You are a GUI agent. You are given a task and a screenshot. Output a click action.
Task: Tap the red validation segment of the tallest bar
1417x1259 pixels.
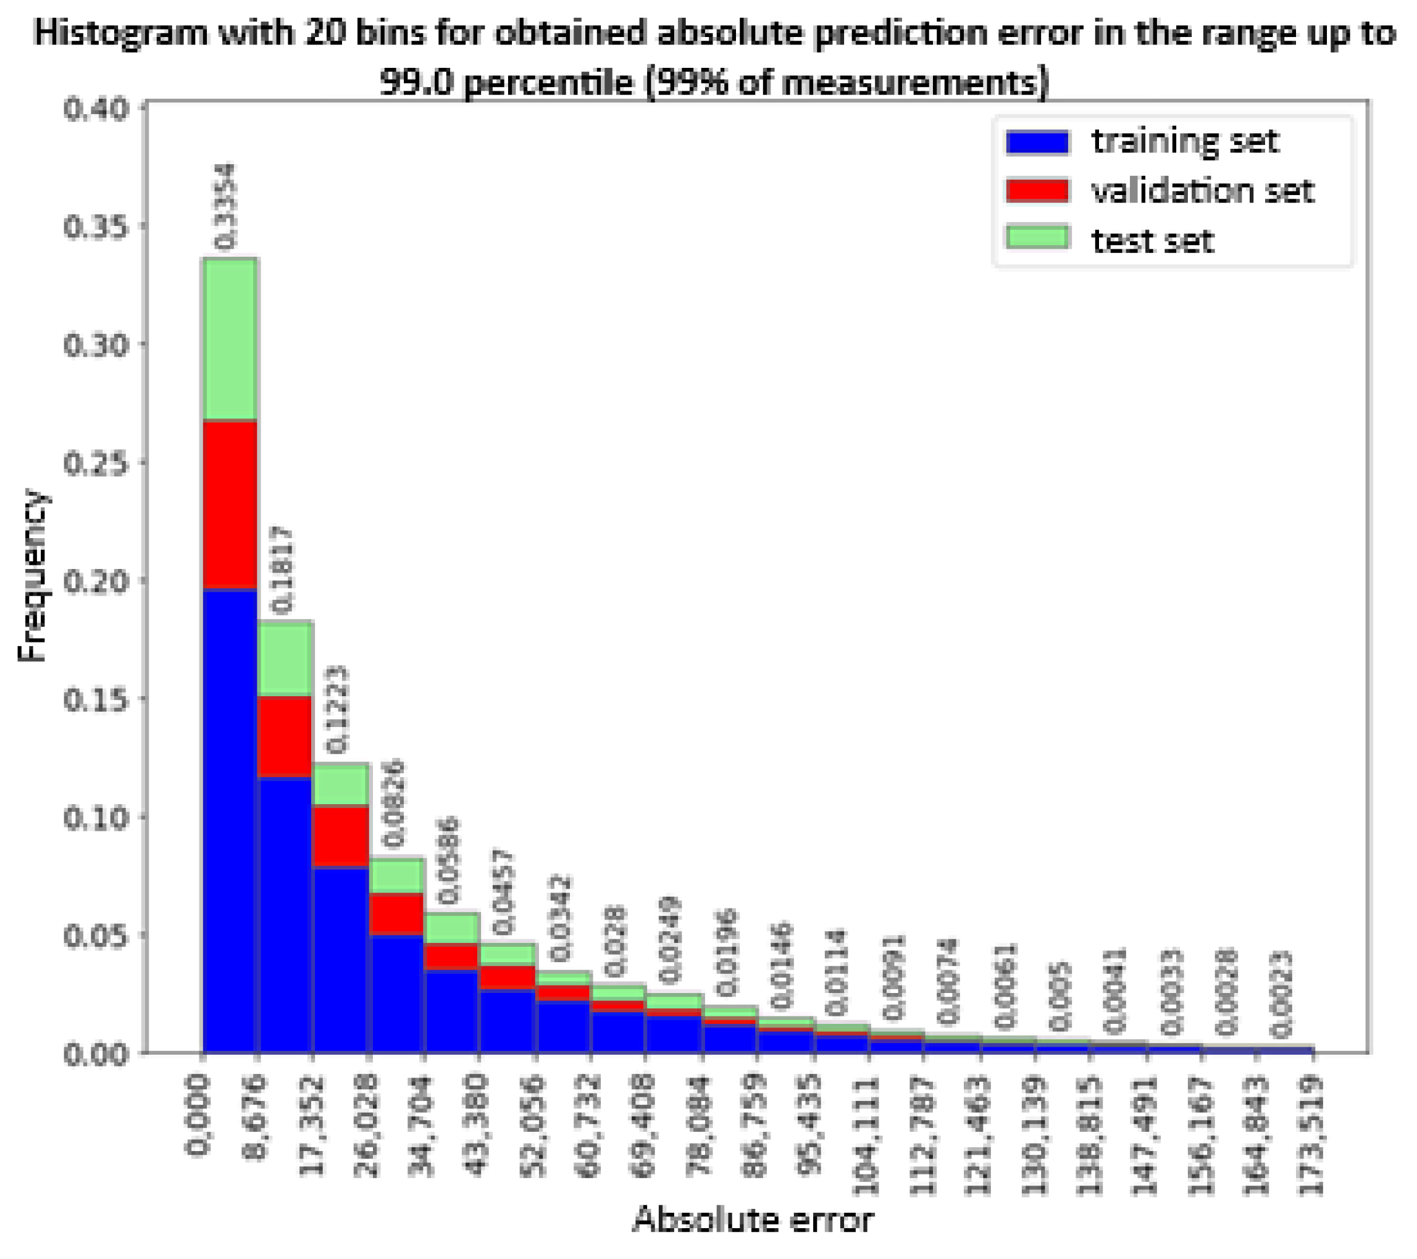pos(230,504)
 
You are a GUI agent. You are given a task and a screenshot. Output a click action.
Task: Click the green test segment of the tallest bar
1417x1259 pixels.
pos(230,339)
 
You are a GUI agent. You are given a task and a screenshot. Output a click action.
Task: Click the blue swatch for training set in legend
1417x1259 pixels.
pos(1037,142)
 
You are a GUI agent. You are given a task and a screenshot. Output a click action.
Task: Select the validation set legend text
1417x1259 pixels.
pos(1202,191)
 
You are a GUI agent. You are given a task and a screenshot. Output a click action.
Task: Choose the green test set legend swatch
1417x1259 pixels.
pos(1037,238)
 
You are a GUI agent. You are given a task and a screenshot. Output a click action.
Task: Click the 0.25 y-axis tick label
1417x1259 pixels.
pos(96,463)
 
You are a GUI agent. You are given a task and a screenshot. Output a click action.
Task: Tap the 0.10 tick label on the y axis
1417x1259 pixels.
pos(96,818)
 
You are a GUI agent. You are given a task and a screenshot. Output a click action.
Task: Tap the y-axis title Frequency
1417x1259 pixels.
pos(32,575)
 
